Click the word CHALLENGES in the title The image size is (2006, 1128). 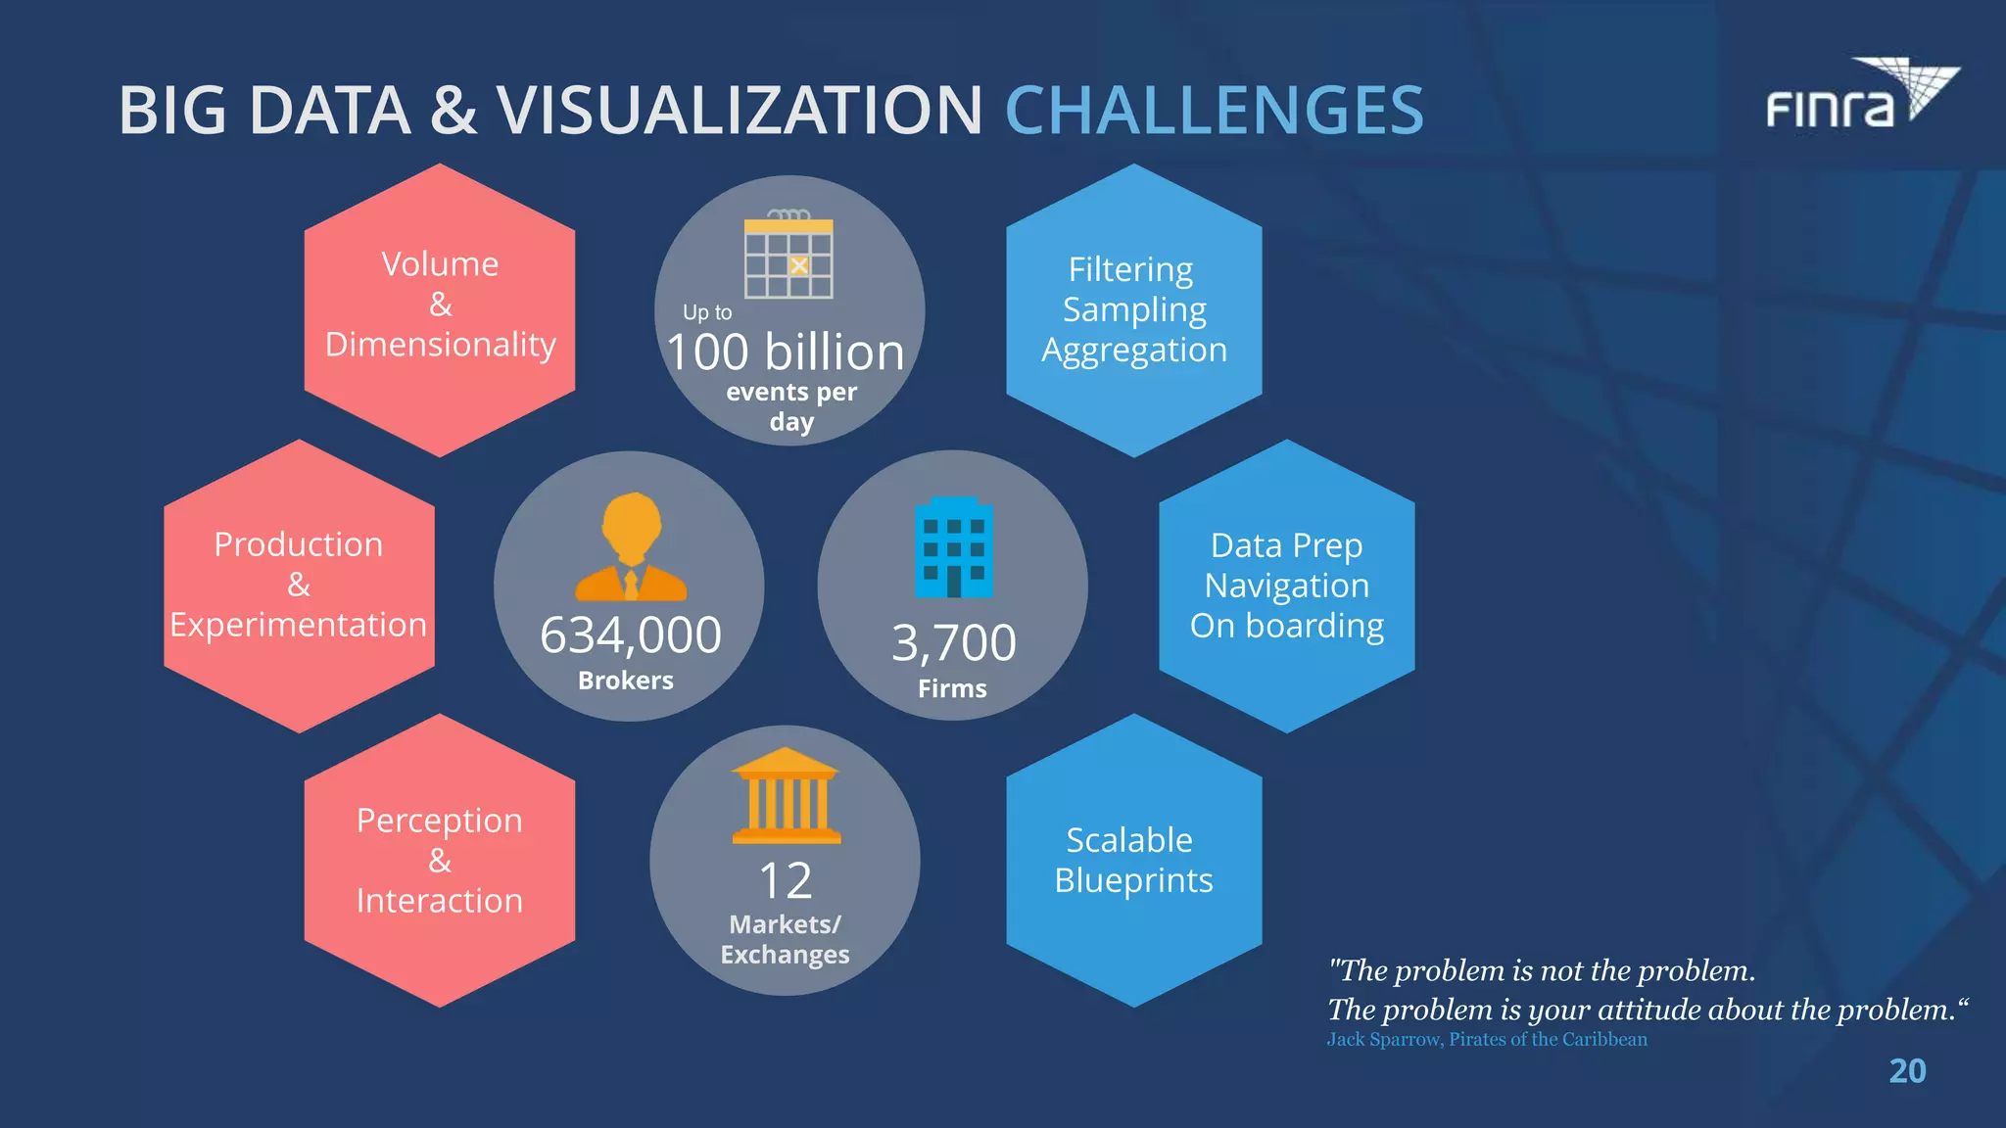[1214, 110]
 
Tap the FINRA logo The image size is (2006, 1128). [1861, 96]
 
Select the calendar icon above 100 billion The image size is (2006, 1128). [788, 256]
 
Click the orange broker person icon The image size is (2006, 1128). [631, 547]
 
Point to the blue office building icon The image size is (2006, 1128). [953, 547]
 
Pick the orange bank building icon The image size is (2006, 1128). [786, 796]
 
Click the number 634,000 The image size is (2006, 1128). [631, 634]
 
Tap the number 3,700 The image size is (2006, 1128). [954, 643]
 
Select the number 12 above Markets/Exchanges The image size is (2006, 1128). [786, 880]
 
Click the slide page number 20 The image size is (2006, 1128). [1907, 1071]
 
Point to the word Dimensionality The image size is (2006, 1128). [440, 345]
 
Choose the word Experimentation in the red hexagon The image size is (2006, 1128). [299, 625]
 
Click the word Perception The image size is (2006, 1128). [440, 821]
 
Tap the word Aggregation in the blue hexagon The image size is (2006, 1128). [1134, 350]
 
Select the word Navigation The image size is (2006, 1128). [1286, 586]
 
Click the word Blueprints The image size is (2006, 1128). [1133, 880]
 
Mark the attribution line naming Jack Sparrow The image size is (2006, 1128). [1487, 1039]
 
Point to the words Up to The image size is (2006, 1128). [707, 312]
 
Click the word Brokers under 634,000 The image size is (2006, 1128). [626, 681]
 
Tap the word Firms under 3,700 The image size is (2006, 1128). [952, 688]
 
